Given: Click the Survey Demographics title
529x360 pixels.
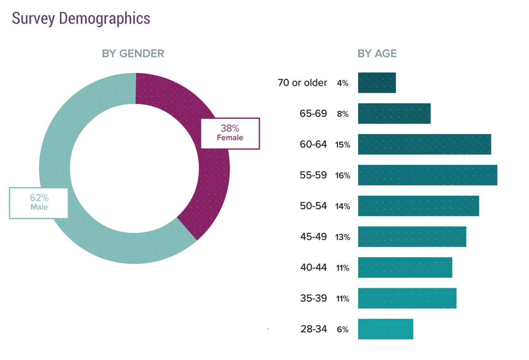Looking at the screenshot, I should pyautogui.click(x=81, y=18).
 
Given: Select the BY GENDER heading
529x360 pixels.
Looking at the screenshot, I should pyautogui.click(x=133, y=54).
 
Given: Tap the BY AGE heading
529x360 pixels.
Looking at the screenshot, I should pyautogui.click(x=377, y=54).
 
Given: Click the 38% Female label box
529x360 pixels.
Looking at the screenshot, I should pyautogui.click(x=230, y=133).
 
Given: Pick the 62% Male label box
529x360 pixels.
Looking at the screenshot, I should pyautogui.click(x=39, y=203).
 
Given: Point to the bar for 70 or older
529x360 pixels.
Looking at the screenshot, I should pyautogui.click(x=377, y=83).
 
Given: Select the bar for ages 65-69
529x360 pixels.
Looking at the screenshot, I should pyautogui.click(x=394, y=114).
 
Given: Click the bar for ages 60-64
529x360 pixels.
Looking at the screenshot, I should pyautogui.click(x=424, y=144).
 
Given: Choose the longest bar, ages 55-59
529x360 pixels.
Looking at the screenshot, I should pyautogui.click(x=427, y=175).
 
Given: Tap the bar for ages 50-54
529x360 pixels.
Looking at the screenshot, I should pyautogui.click(x=418, y=206).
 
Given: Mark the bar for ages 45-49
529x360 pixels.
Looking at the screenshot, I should pyautogui.click(x=412, y=237).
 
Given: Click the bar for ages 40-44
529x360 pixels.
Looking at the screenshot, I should pyautogui.click(x=405, y=267).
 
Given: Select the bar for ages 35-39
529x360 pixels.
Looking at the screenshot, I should pyautogui.click(x=407, y=298).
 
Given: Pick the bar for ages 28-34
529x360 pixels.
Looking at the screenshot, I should pyautogui.click(x=385, y=329).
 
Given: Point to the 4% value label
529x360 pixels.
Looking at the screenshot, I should pyautogui.click(x=343, y=83).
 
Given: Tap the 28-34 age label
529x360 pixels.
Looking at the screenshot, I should pyautogui.click(x=313, y=329).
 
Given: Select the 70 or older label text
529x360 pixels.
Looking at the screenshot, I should pyautogui.click(x=302, y=83).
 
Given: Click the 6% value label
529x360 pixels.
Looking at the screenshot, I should pyautogui.click(x=343, y=329).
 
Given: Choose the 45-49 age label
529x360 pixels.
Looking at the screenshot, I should pyautogui.click(x=313, y=237).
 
